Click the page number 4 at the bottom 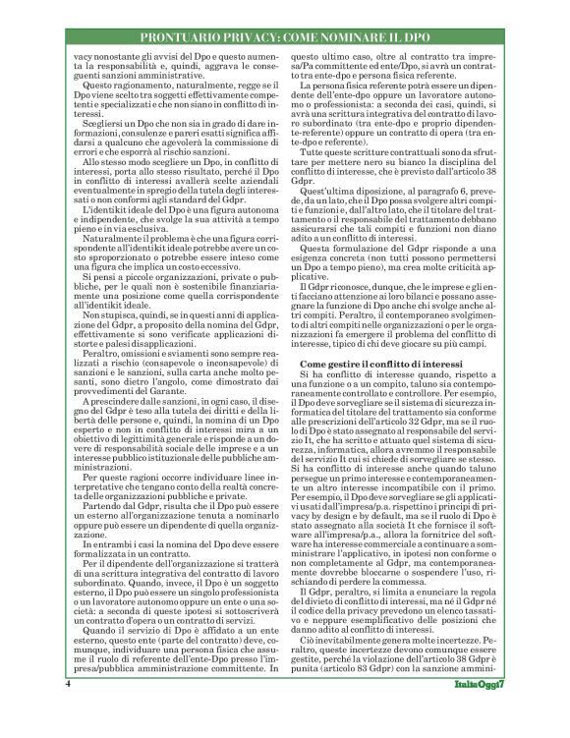pos(67,710)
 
